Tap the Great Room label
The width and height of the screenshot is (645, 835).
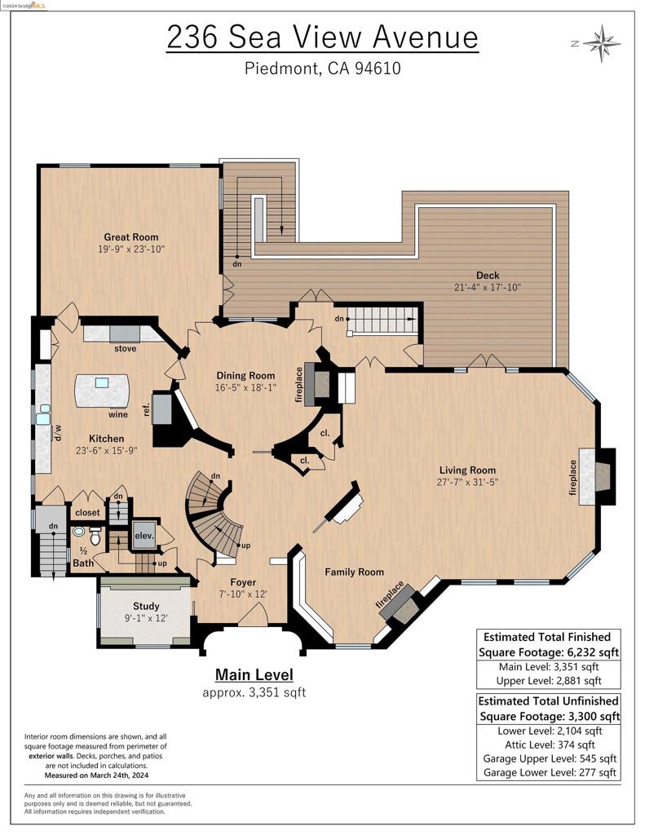coord(130,237)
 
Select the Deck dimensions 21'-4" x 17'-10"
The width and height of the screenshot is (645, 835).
coord(488,287)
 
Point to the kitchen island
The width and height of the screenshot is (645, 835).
coord(102,389)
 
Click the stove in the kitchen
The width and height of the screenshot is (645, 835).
coord(125,333)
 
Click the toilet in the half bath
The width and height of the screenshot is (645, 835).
coord(94,538)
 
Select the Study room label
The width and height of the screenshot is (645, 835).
coord(147,606)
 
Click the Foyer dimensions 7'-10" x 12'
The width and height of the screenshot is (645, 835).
coord(242,594)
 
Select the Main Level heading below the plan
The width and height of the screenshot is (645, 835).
coord(254,674)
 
